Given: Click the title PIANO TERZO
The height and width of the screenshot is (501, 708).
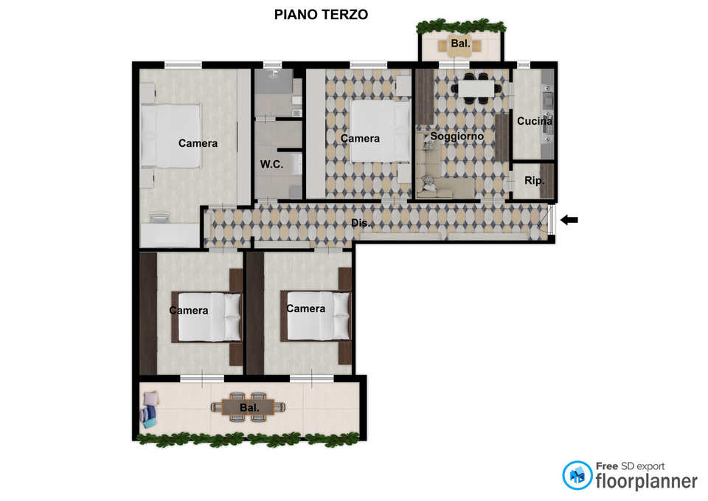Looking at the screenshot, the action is [x=321, y=15].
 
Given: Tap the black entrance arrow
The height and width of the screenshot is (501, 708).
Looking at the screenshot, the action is [x=569, y=220].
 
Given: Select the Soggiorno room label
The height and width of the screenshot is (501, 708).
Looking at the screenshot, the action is [x=457, y=136].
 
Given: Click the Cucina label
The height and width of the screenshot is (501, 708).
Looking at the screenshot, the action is [x=535, y=121].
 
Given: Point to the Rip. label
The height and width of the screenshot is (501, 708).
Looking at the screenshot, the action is [x=534, y=181].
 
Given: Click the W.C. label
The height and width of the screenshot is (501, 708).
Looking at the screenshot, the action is [x=271, y=164].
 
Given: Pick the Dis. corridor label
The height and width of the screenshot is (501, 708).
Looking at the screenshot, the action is [x=361, y=223].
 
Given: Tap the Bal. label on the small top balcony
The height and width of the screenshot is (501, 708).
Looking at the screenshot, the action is [x=460, y=44].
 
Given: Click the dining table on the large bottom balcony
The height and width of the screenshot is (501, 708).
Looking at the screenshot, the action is [x=249, y=407].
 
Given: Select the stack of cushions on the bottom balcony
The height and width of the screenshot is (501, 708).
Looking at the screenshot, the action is [x=150, y=410].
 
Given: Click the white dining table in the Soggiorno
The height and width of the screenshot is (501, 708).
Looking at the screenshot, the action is [x=476, y=89].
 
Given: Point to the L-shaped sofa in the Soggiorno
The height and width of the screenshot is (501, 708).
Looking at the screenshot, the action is [x=439, y=174].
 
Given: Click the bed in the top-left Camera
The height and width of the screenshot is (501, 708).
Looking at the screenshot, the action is [x=170, y=137].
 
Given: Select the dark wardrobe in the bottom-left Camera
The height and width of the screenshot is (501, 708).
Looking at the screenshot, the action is [x=148, y=314].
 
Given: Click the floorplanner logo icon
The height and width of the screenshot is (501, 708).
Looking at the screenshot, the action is [x=577, y=475].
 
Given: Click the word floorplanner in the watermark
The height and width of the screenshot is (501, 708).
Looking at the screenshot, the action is [x=647, y=482].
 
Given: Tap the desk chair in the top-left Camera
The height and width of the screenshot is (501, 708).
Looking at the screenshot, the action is [x=159, y=217].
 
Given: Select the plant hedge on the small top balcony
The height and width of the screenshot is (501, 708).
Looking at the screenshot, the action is [x=460, y=26].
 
